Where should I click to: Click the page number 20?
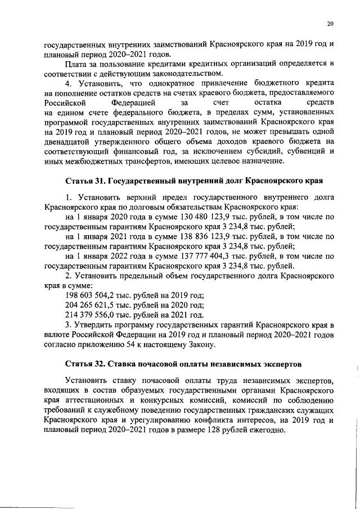click(330, 23)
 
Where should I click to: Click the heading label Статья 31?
click(85, 181)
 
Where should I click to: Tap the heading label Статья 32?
click(85, 358)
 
